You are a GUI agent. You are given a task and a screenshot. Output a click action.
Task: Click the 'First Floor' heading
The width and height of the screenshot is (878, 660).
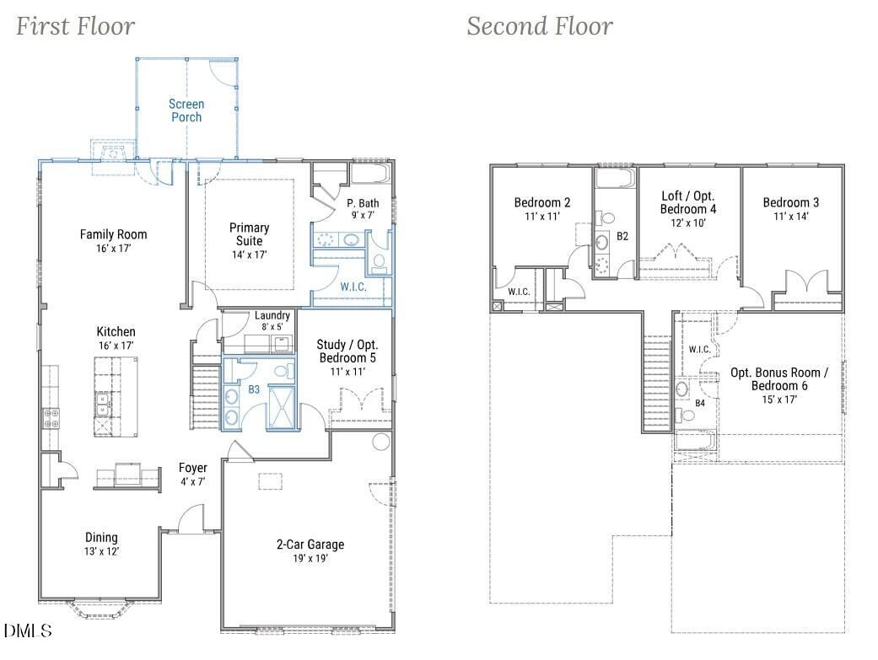coord(76,26)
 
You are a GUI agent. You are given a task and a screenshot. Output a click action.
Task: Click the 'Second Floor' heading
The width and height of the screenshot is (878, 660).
coord(540,26)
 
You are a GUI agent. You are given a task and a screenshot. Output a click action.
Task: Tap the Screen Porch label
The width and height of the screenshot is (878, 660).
coord(186,110)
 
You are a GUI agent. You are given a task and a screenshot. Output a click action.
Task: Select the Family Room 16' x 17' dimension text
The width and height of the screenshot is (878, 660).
coord(113,248)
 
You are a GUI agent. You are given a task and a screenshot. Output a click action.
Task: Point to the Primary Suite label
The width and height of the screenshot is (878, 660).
coord(249,234)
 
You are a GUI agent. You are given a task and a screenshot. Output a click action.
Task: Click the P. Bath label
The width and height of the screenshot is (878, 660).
coord(363,202)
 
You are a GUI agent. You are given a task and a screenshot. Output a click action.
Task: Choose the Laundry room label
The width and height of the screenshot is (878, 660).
coord(272,315)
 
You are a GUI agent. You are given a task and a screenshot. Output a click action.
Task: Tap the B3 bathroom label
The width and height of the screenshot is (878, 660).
coord(254,389)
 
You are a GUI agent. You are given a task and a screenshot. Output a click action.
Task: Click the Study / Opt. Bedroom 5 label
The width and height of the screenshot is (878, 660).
coord(347,351)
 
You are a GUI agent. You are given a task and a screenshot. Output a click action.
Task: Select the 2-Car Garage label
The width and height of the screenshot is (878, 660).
coord(310,545)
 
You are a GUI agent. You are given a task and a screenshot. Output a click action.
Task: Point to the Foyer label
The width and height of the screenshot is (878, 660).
coord(192,468)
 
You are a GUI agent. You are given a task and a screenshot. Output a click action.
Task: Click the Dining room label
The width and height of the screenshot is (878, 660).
coord(101,538)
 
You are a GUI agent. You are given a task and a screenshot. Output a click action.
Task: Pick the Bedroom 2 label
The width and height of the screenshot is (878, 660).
coord(542,202)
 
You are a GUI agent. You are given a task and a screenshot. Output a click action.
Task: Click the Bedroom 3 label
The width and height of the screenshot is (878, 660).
coord(790,202)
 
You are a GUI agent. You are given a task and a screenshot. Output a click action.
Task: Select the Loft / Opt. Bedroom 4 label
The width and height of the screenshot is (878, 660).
coord(688,202)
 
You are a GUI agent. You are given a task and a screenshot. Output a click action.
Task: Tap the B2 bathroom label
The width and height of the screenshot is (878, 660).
coord(622,236)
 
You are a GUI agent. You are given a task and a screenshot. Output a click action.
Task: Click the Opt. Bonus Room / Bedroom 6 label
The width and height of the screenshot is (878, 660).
coord(778,379)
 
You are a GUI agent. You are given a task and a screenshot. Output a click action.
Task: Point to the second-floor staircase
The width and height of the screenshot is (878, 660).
coord(657,383)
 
